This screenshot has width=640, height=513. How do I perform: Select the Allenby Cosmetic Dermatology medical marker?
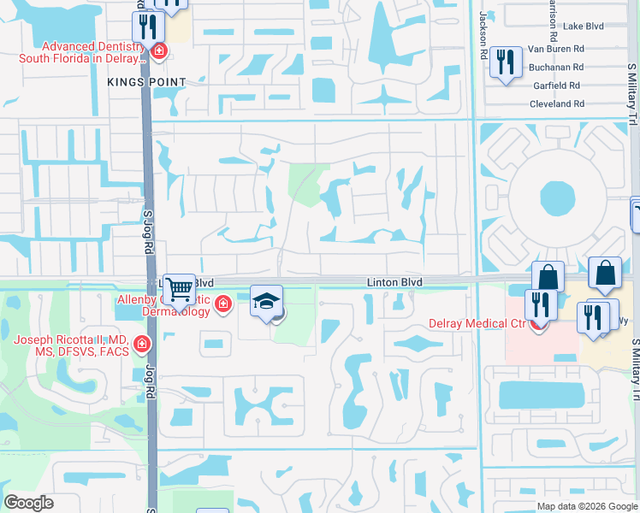coord(223,304)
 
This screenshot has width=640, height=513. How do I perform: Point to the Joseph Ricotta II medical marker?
coord(141,345)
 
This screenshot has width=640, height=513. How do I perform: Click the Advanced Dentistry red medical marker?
coord(158,52)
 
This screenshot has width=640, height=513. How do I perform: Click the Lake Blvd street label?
coord(584,27)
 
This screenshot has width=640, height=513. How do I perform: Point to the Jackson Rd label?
coord(483,35)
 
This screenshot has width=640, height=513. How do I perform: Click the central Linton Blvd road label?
coord(395,281)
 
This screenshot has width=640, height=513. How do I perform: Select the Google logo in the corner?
coord(28,503)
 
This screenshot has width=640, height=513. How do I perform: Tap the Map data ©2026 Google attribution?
coord(586,506)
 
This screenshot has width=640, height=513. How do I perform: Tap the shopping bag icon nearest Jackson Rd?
coord(548,276)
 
